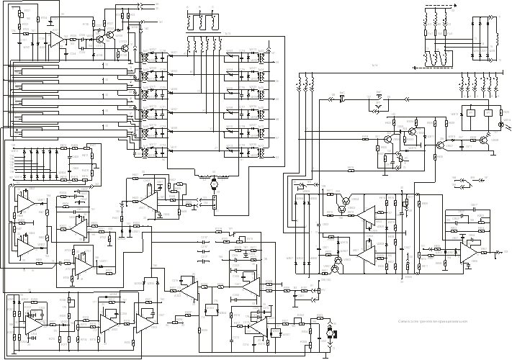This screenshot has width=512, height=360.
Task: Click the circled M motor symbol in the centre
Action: [213, 184]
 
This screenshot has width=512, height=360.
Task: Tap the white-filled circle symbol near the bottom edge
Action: [330, 333]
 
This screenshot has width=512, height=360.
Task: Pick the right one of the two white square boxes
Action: [488, 113]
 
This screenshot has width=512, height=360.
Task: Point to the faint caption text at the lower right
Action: [433, 322]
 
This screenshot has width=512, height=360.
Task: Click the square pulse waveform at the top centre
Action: [202, 20]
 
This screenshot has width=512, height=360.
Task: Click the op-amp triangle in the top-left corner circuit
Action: [56, 38]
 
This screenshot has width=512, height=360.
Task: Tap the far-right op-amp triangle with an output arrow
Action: [469, 252]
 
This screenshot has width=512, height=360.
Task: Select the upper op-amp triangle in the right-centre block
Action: [366, 215]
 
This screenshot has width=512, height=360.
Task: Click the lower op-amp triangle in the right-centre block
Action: [366, 254]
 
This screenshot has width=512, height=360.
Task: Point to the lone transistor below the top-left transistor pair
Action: [124, 48]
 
